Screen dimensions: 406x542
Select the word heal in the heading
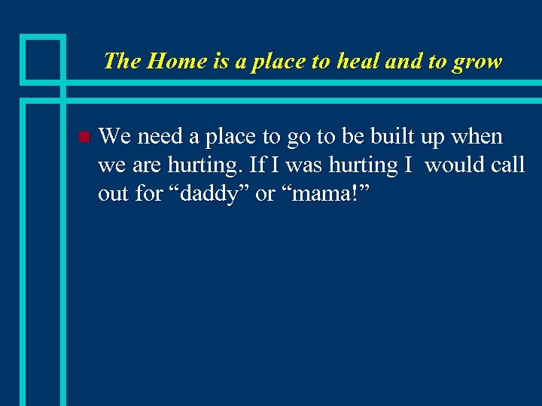pyautogui.click(x=356, y=61)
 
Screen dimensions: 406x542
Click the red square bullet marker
pyautogui.click(x=84, y=137)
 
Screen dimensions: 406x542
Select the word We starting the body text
pyautogui.click(x=114, y=136)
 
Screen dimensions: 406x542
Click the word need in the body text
pyautogui.click(x=160, y=136)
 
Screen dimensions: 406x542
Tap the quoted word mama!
pyautogui.click(x=324, y=194)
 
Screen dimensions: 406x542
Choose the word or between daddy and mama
pyautogui.click(x=265, y=194)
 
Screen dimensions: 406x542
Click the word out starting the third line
pyautogui.click(x=113, y=194)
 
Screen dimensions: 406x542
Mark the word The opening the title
pyautogui.click(x=123, y=61)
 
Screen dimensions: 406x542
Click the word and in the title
pyautogui.click(x=403, y=61)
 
